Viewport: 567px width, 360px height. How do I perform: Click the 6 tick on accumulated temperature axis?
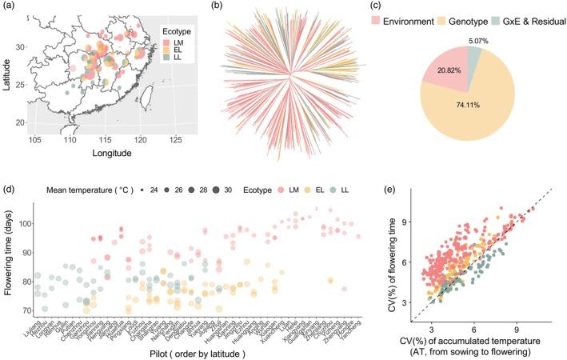click(474, 328)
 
